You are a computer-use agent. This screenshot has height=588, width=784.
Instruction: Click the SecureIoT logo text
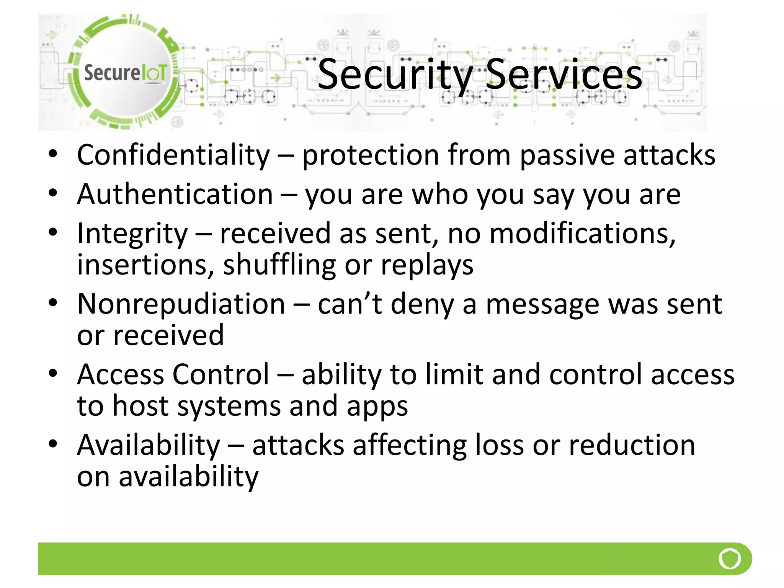[125, 72]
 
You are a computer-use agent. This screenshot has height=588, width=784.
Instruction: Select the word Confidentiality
[173, 155]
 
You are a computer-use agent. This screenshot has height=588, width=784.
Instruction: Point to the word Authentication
[175, 194]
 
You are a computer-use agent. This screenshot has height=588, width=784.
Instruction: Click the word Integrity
[132, 234]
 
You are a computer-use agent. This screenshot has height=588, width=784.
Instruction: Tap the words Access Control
[173, 374]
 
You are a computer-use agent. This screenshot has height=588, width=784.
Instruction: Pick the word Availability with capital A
[149, 445]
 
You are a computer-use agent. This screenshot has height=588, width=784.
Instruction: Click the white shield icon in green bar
[730, 559]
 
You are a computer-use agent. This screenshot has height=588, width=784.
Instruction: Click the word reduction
[632, 445]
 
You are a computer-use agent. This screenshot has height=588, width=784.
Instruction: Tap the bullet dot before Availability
[53, 444]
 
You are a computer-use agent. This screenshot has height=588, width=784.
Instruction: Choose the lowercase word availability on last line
[188, 477]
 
